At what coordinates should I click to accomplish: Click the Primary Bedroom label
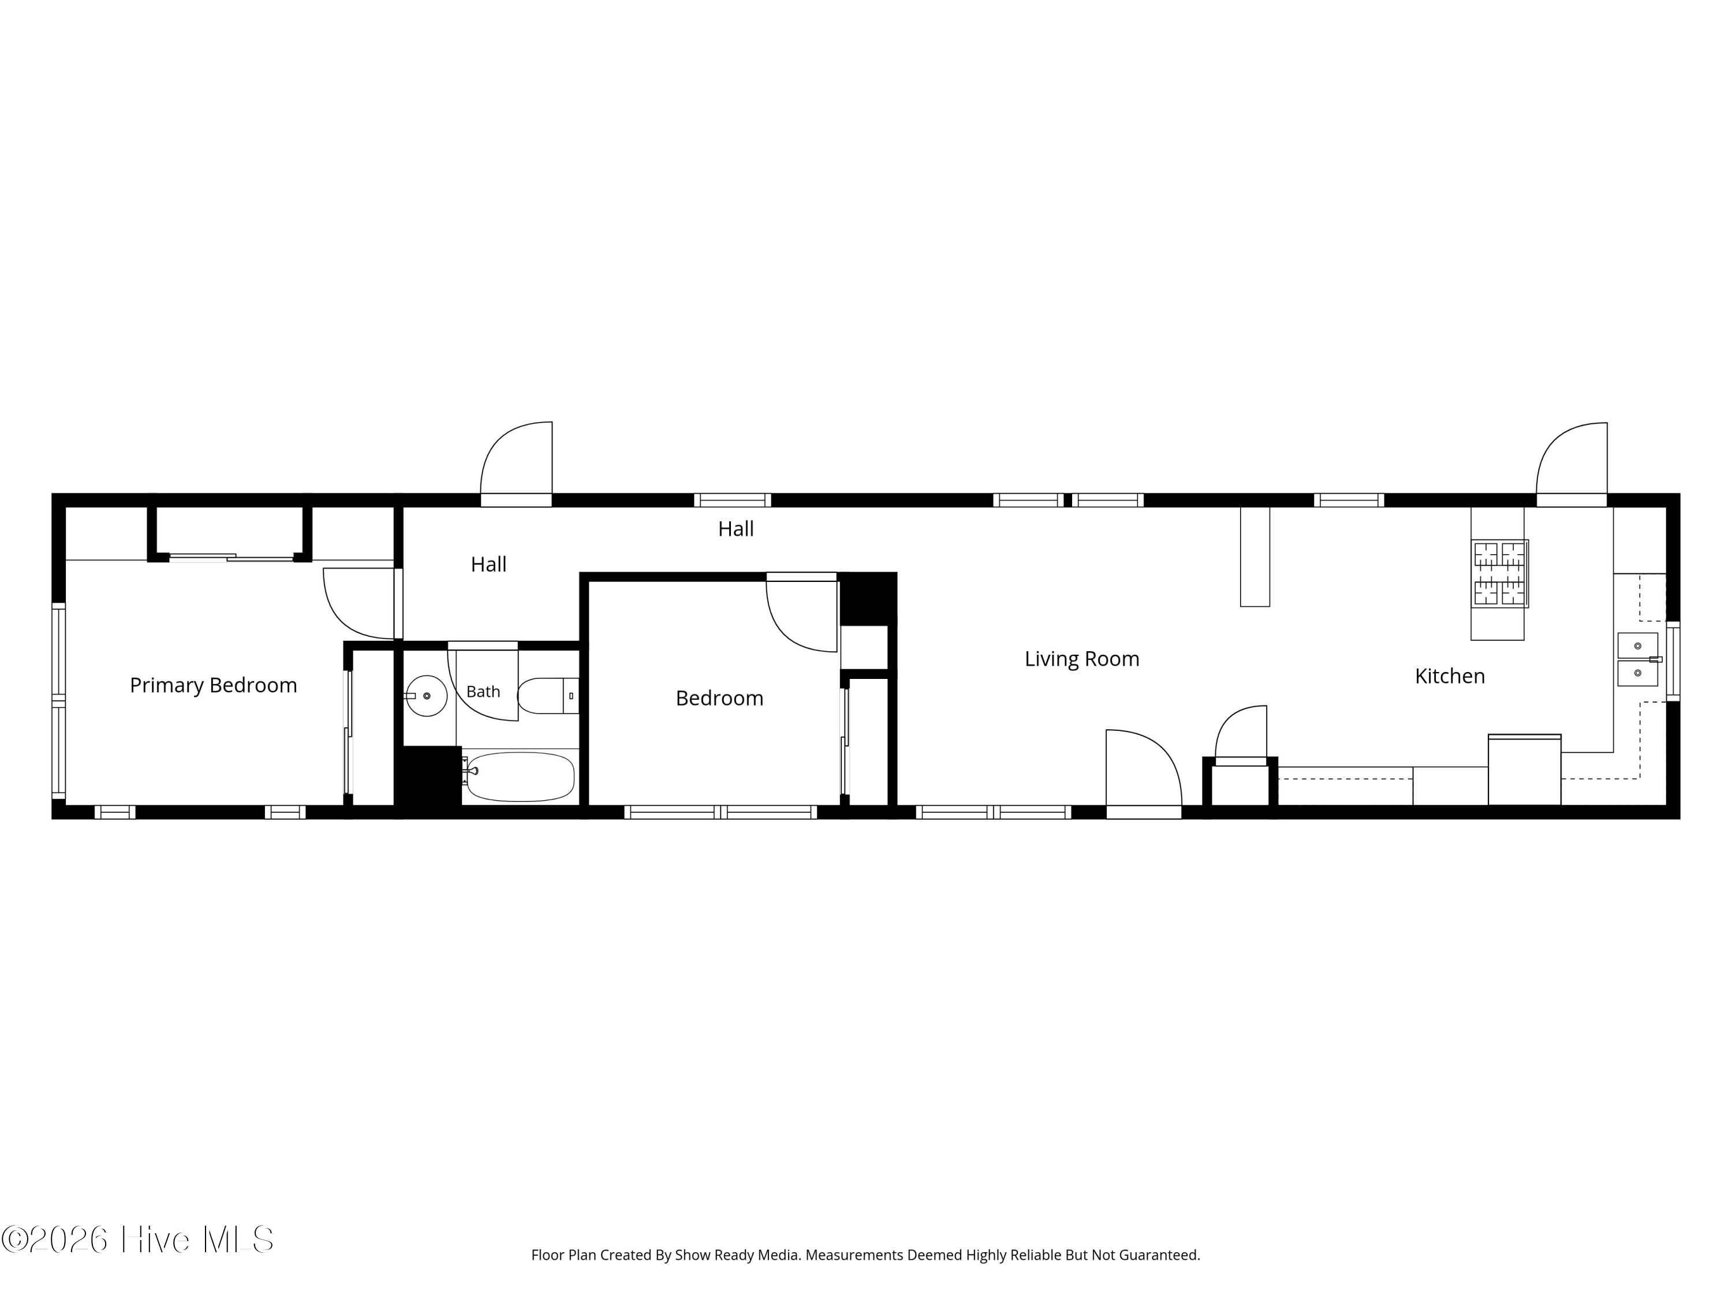[213, 685]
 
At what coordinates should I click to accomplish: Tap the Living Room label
[1081, 659]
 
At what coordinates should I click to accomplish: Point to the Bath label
[483, 692]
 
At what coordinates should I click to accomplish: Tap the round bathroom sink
[426, 695]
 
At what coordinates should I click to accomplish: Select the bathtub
[518, 777]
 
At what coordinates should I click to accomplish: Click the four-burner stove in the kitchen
[1499, 573]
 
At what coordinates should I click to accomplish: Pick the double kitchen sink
[1637, 659]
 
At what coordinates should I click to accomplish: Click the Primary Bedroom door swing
[359, 603]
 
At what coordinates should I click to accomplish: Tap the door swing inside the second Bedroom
[802, 615]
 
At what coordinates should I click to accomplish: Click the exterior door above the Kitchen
[1572, 464]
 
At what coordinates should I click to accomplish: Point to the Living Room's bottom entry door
[1143, 772]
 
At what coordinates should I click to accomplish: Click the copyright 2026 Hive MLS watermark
[138, 1240]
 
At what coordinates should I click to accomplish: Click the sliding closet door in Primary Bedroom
[231, 558]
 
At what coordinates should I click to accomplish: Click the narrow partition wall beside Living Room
[1255, 556]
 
